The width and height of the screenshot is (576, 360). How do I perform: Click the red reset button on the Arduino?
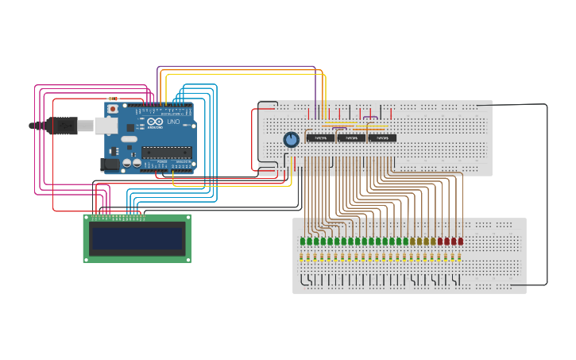113,108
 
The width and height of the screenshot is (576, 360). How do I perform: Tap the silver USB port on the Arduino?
106,126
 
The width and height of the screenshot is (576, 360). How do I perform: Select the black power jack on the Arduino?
110,165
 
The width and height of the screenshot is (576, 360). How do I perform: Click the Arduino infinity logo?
155,122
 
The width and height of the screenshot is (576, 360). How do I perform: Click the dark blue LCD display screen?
137,238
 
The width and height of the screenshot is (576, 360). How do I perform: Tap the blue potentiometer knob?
292,140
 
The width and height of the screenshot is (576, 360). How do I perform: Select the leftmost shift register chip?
320,138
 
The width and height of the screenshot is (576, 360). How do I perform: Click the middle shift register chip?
351,138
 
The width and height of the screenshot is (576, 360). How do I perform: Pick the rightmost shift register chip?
382,138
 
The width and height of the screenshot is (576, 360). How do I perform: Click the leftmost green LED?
303,241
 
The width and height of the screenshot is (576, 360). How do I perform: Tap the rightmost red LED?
460,241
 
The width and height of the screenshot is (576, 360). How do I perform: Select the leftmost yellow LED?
412,241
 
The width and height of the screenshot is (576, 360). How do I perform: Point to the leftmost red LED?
440,241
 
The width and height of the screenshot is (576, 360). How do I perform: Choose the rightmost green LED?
405,241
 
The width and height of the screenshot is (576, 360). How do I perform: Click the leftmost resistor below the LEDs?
302,257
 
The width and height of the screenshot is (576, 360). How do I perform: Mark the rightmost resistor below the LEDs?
459,257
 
